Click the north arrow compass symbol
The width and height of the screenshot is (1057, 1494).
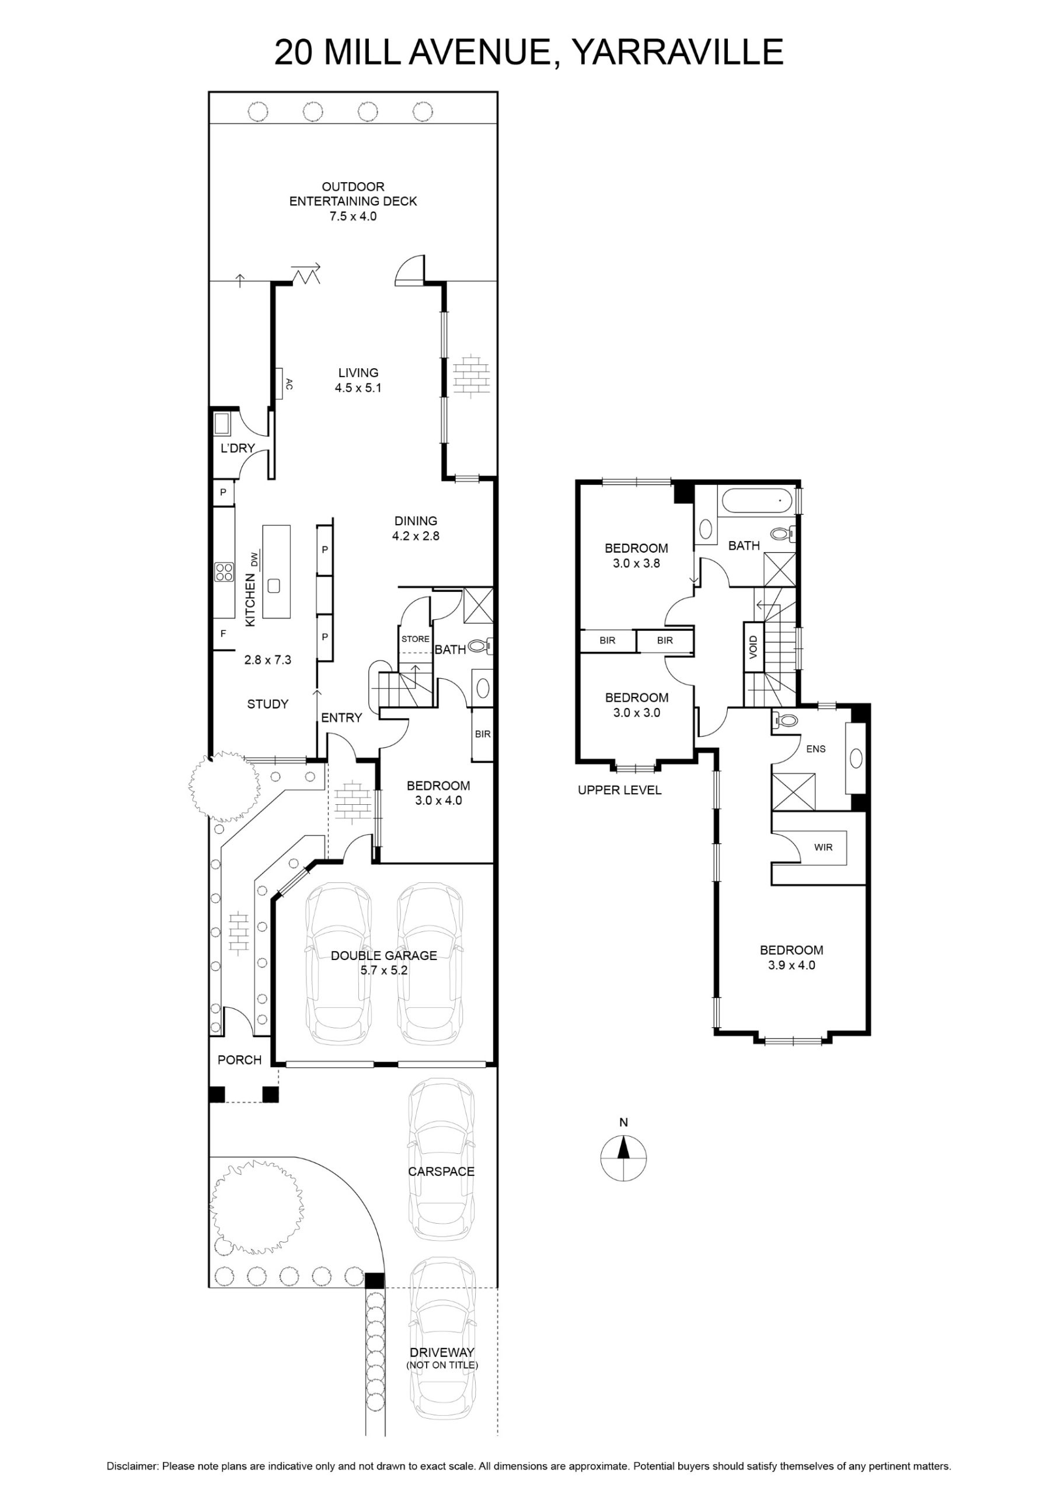[623, 1158]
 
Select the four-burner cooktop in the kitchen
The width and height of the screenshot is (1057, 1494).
[224, 571]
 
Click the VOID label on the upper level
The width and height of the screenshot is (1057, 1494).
[753, 647]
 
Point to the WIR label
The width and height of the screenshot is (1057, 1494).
[824, 847]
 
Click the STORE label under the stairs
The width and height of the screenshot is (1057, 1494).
[415, 639]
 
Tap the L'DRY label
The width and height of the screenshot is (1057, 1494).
[238, 448]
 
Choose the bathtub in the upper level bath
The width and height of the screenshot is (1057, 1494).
[757, 502]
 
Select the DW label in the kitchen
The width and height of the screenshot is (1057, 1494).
[255, 559]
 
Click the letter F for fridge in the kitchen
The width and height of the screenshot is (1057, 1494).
[223, 633]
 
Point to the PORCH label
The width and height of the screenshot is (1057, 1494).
[239, 1060]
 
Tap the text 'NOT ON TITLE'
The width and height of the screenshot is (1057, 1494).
[442, 1365]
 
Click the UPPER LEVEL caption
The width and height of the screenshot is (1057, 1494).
[620, 790]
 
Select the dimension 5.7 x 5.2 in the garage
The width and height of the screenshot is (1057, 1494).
[384, 970]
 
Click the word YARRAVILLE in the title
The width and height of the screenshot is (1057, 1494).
[677, 52]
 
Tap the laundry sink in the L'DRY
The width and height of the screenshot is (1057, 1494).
[222, 424]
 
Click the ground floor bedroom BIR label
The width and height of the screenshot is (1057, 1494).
[482, 734]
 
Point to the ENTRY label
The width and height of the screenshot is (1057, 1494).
[341, 718]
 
